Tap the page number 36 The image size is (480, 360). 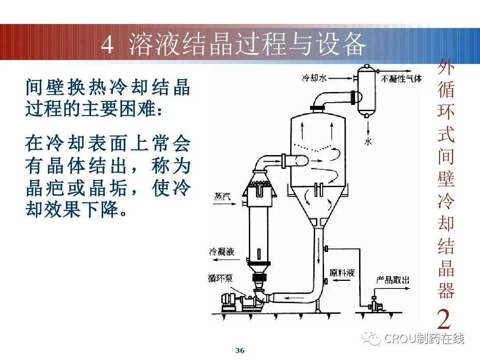tap(240, 351)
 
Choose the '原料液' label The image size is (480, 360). tap(342, 272)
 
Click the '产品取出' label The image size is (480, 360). tap(392, 280)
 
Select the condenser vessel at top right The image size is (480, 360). tap(367, 91)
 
